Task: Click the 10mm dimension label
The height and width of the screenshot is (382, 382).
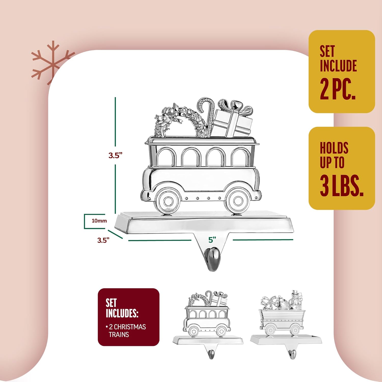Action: (x=99, y=221)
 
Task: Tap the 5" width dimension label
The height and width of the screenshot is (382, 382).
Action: (x=212, y=240)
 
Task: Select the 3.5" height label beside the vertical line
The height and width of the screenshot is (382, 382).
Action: (x=115, y=155)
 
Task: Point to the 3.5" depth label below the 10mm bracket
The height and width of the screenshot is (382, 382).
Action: (x=103, y=240)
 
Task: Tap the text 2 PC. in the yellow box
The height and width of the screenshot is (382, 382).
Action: (x=337, y=89)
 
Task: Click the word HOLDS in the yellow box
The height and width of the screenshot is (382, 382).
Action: (x=334, y=148)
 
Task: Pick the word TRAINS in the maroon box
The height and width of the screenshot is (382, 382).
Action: (x=119, y=335)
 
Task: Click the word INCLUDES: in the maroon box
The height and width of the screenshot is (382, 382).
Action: (x=122, y=313)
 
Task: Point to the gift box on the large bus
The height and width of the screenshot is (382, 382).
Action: (x=232, y=120)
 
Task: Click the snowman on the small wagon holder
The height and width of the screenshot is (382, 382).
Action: (x=295, y=301)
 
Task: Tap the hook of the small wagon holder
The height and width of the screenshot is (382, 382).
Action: (x=292, y=354)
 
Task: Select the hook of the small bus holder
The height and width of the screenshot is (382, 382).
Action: (x=211, y=354)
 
